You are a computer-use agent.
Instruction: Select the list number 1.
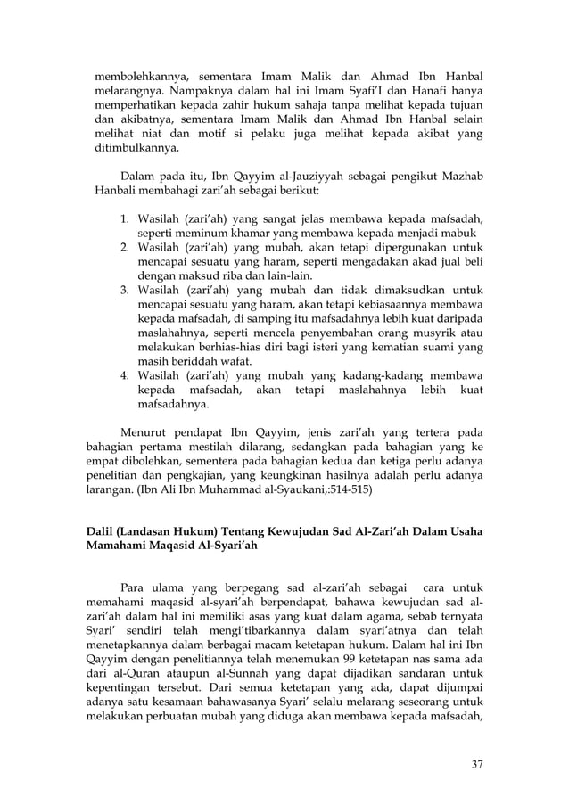(x=125, y=218)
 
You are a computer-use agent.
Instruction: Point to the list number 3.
(x=125, y=290)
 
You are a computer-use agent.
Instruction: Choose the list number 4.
(x=125, y=377)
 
